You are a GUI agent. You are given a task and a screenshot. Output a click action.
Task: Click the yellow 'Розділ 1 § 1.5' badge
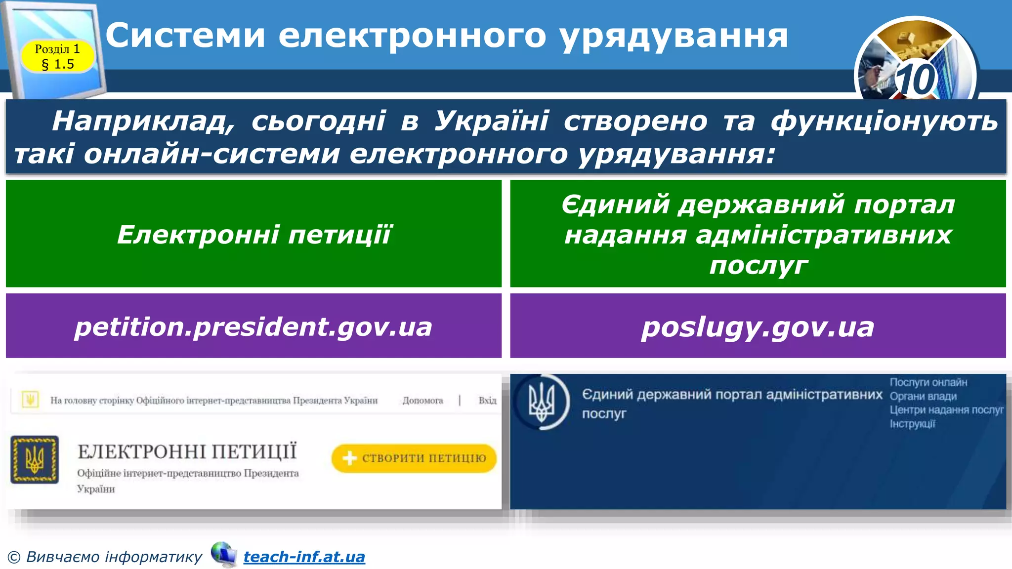coord(57,56)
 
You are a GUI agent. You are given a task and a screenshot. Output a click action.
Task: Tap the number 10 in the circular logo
coord(915,80)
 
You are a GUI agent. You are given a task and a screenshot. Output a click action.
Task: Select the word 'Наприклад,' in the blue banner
coord(143,121)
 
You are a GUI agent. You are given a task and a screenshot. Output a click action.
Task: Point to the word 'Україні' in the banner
coord(491,121)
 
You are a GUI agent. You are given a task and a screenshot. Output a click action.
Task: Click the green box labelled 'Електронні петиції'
coord(253,234)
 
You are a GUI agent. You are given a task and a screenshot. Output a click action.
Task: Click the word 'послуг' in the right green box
coord(758,266)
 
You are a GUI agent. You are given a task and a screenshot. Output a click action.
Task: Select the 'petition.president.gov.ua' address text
coord(253,326)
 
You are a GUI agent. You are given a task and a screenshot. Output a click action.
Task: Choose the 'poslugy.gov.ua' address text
coord(758,326)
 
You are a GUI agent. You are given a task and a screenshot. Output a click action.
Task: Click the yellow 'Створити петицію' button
coord(414,458)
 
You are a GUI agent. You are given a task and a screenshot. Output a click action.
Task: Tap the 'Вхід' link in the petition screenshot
coord(487,401)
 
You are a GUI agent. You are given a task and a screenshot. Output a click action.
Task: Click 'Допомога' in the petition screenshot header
coord(422,401)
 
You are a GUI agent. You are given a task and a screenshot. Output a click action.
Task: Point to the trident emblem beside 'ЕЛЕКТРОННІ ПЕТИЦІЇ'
coord(35,459)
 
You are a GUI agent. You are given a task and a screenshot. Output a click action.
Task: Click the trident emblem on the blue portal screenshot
coord(542,403)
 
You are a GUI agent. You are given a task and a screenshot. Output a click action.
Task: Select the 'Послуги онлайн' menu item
coord(928,382)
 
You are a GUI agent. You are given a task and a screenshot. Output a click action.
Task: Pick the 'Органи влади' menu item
coord(923,396)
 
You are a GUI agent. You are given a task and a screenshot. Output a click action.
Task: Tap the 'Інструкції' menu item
coord(912,424)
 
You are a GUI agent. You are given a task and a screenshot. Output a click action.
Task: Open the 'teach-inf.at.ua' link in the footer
coord(304,557)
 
